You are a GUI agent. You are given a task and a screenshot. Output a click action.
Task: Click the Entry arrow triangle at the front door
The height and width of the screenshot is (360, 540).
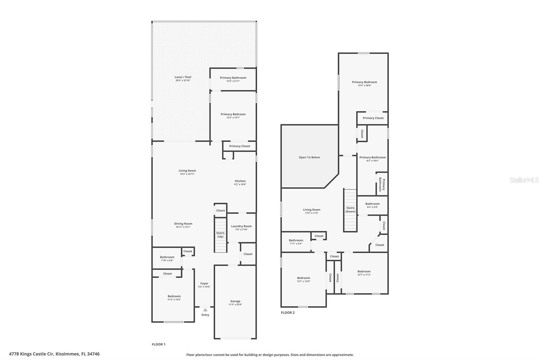coord(205,310)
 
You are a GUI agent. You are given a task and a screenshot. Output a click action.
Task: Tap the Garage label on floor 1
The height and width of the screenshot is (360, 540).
coord(235,301)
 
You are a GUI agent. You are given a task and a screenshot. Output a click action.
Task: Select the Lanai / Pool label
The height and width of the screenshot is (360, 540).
coord(183,77)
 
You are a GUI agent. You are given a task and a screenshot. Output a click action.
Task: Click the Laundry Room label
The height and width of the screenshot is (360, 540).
coord(241,226)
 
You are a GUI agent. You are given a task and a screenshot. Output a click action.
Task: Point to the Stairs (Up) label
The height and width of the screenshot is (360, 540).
coord(220,235)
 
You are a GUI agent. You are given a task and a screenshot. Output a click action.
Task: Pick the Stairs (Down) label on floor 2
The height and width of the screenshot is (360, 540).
coord(350,210)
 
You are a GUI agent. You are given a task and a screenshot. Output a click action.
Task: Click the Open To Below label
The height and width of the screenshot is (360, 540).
coord(309,157)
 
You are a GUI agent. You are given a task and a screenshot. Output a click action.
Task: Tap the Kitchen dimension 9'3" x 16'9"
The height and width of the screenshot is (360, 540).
coord(240,184)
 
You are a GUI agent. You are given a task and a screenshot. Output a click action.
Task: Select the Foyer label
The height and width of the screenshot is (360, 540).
coord(204,283)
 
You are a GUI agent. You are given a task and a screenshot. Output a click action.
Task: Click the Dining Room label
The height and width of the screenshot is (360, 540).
coord(183,224)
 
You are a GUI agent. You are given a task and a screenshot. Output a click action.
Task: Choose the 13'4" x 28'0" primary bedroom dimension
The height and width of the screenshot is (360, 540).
coord(364,85)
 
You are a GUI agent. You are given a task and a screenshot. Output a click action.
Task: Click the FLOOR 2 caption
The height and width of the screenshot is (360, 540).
coord(288,313)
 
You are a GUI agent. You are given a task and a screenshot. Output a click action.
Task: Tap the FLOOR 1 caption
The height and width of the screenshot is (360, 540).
coord(159,344)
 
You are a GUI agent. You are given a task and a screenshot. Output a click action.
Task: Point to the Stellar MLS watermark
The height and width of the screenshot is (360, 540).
coord(524,180)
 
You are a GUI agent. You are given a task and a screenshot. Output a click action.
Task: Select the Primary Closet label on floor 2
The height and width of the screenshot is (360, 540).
coord(373,118)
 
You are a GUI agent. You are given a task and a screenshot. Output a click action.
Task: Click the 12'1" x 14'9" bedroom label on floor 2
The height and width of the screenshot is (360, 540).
coord(303,281)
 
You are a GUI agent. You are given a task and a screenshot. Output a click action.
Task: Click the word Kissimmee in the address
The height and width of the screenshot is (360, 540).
coord(67,354)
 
